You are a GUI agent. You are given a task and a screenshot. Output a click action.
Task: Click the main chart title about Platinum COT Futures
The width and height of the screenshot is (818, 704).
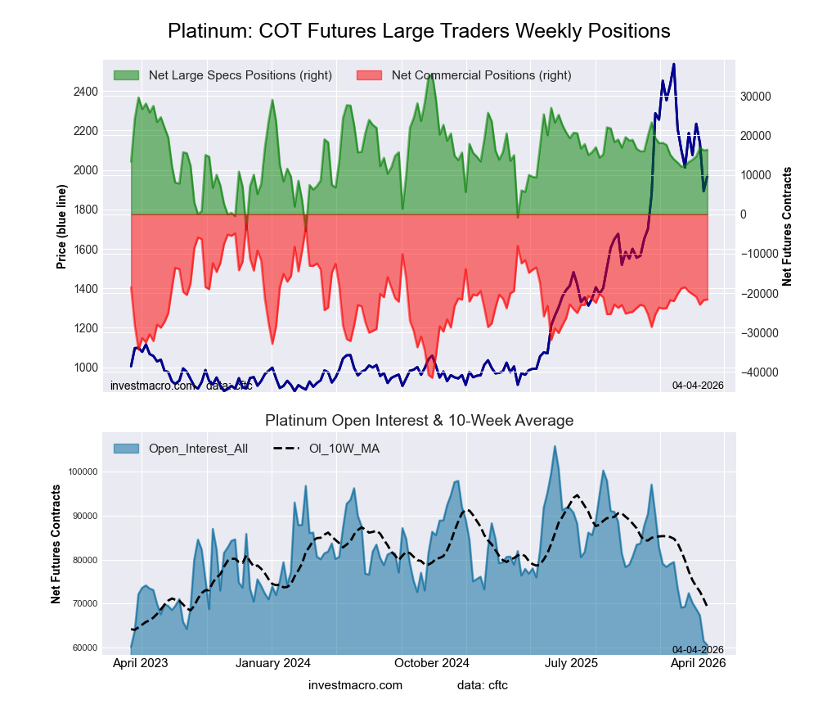point(419,31)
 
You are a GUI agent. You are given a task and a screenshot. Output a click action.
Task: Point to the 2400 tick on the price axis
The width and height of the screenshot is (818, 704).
point(83,92)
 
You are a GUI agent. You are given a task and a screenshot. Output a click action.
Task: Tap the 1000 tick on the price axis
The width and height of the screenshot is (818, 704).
point(83,368)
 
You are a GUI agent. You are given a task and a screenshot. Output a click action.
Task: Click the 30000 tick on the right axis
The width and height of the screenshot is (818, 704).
point(756,96)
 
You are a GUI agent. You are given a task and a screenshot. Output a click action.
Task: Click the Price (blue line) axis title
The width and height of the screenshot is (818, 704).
point(61,223)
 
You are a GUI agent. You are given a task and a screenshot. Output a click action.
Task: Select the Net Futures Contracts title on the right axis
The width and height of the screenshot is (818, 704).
point(787,226)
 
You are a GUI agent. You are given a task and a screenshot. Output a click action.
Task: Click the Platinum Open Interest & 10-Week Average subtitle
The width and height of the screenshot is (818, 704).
point(419,421)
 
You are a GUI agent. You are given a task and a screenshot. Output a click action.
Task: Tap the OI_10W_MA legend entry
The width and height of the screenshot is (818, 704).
point(344,449)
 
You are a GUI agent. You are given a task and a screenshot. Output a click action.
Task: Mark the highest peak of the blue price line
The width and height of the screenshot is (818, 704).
point(673,64)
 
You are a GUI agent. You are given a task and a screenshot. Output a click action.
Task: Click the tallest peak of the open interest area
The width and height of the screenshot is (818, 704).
point(555,446)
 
